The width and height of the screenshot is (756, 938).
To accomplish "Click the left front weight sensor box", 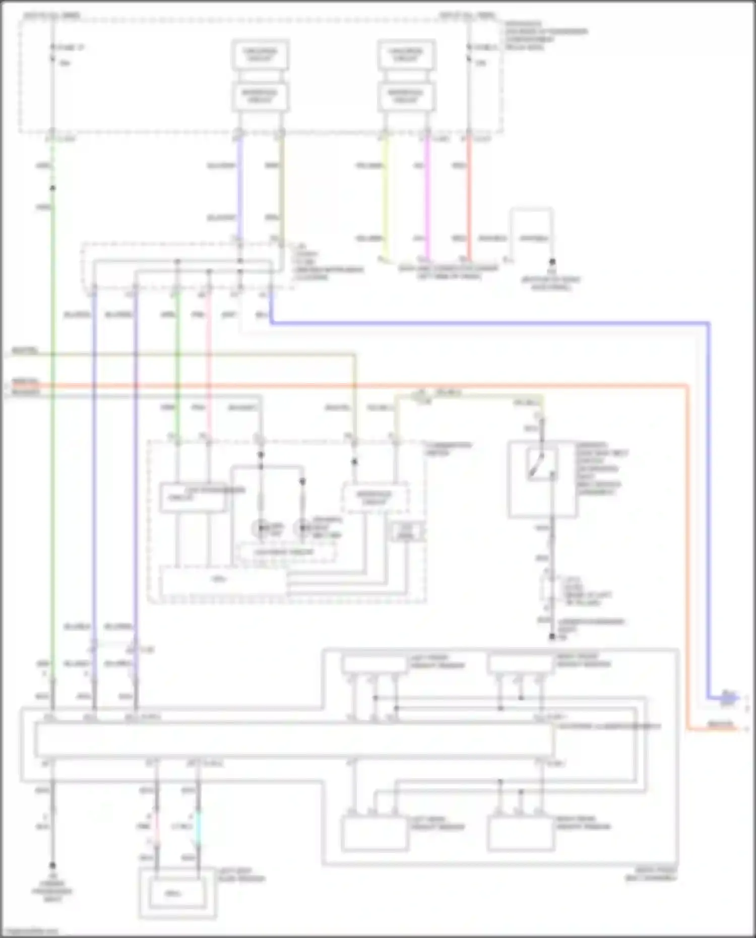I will point(374,664).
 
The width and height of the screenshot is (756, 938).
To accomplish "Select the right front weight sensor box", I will point(520,664).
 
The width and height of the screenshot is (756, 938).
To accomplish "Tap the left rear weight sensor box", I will point(374,834).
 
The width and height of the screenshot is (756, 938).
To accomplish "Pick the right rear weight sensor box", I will point(520,834).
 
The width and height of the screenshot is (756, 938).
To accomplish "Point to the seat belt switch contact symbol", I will point(537,466).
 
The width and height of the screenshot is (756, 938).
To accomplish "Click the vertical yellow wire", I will point(385,197).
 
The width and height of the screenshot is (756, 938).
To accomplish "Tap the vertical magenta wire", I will point(427,197).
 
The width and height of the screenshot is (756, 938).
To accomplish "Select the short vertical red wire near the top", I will point(469,197).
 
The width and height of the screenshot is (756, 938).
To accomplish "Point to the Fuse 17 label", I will point(71,48).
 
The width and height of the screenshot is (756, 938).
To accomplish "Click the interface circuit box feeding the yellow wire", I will point(406,96).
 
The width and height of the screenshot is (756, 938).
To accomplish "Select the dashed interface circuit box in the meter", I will point(374,498).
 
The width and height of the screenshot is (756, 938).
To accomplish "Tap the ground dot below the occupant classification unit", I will point(52,865).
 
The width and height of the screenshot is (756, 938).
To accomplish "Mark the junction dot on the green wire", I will point(52,188).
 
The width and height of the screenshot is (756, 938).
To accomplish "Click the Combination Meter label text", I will point(449,449).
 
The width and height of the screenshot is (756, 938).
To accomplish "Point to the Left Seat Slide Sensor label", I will point(241,875).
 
